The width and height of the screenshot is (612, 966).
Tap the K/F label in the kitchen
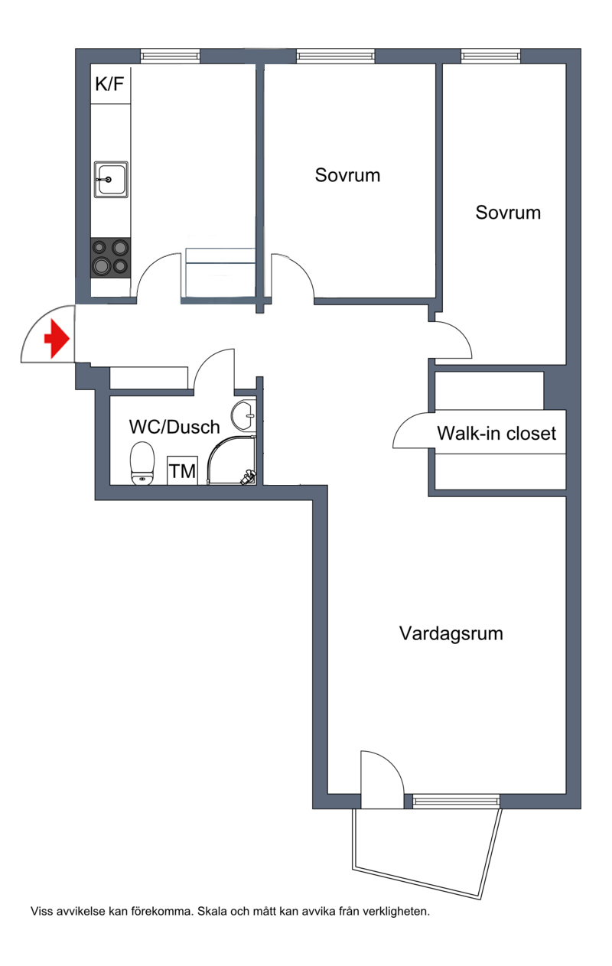click(109, 85)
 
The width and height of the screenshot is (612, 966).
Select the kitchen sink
click(110, 179)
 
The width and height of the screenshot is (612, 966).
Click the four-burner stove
click(110, 257)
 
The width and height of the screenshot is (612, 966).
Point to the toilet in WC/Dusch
click(142, 463)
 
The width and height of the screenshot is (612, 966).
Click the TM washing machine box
click(182, 470)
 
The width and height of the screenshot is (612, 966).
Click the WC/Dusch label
click(174, 427)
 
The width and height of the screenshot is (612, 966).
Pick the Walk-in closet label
click(496, 434)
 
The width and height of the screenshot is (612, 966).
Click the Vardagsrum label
click(451, 633)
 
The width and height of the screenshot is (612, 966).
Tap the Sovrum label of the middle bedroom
click(347, 175)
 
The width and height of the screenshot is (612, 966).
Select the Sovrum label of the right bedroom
click(508, 212)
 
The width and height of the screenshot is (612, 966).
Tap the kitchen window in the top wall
click(170, 56)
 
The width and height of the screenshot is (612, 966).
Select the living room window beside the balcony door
click(456, 801)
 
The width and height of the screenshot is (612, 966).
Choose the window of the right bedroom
click(490, 56)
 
